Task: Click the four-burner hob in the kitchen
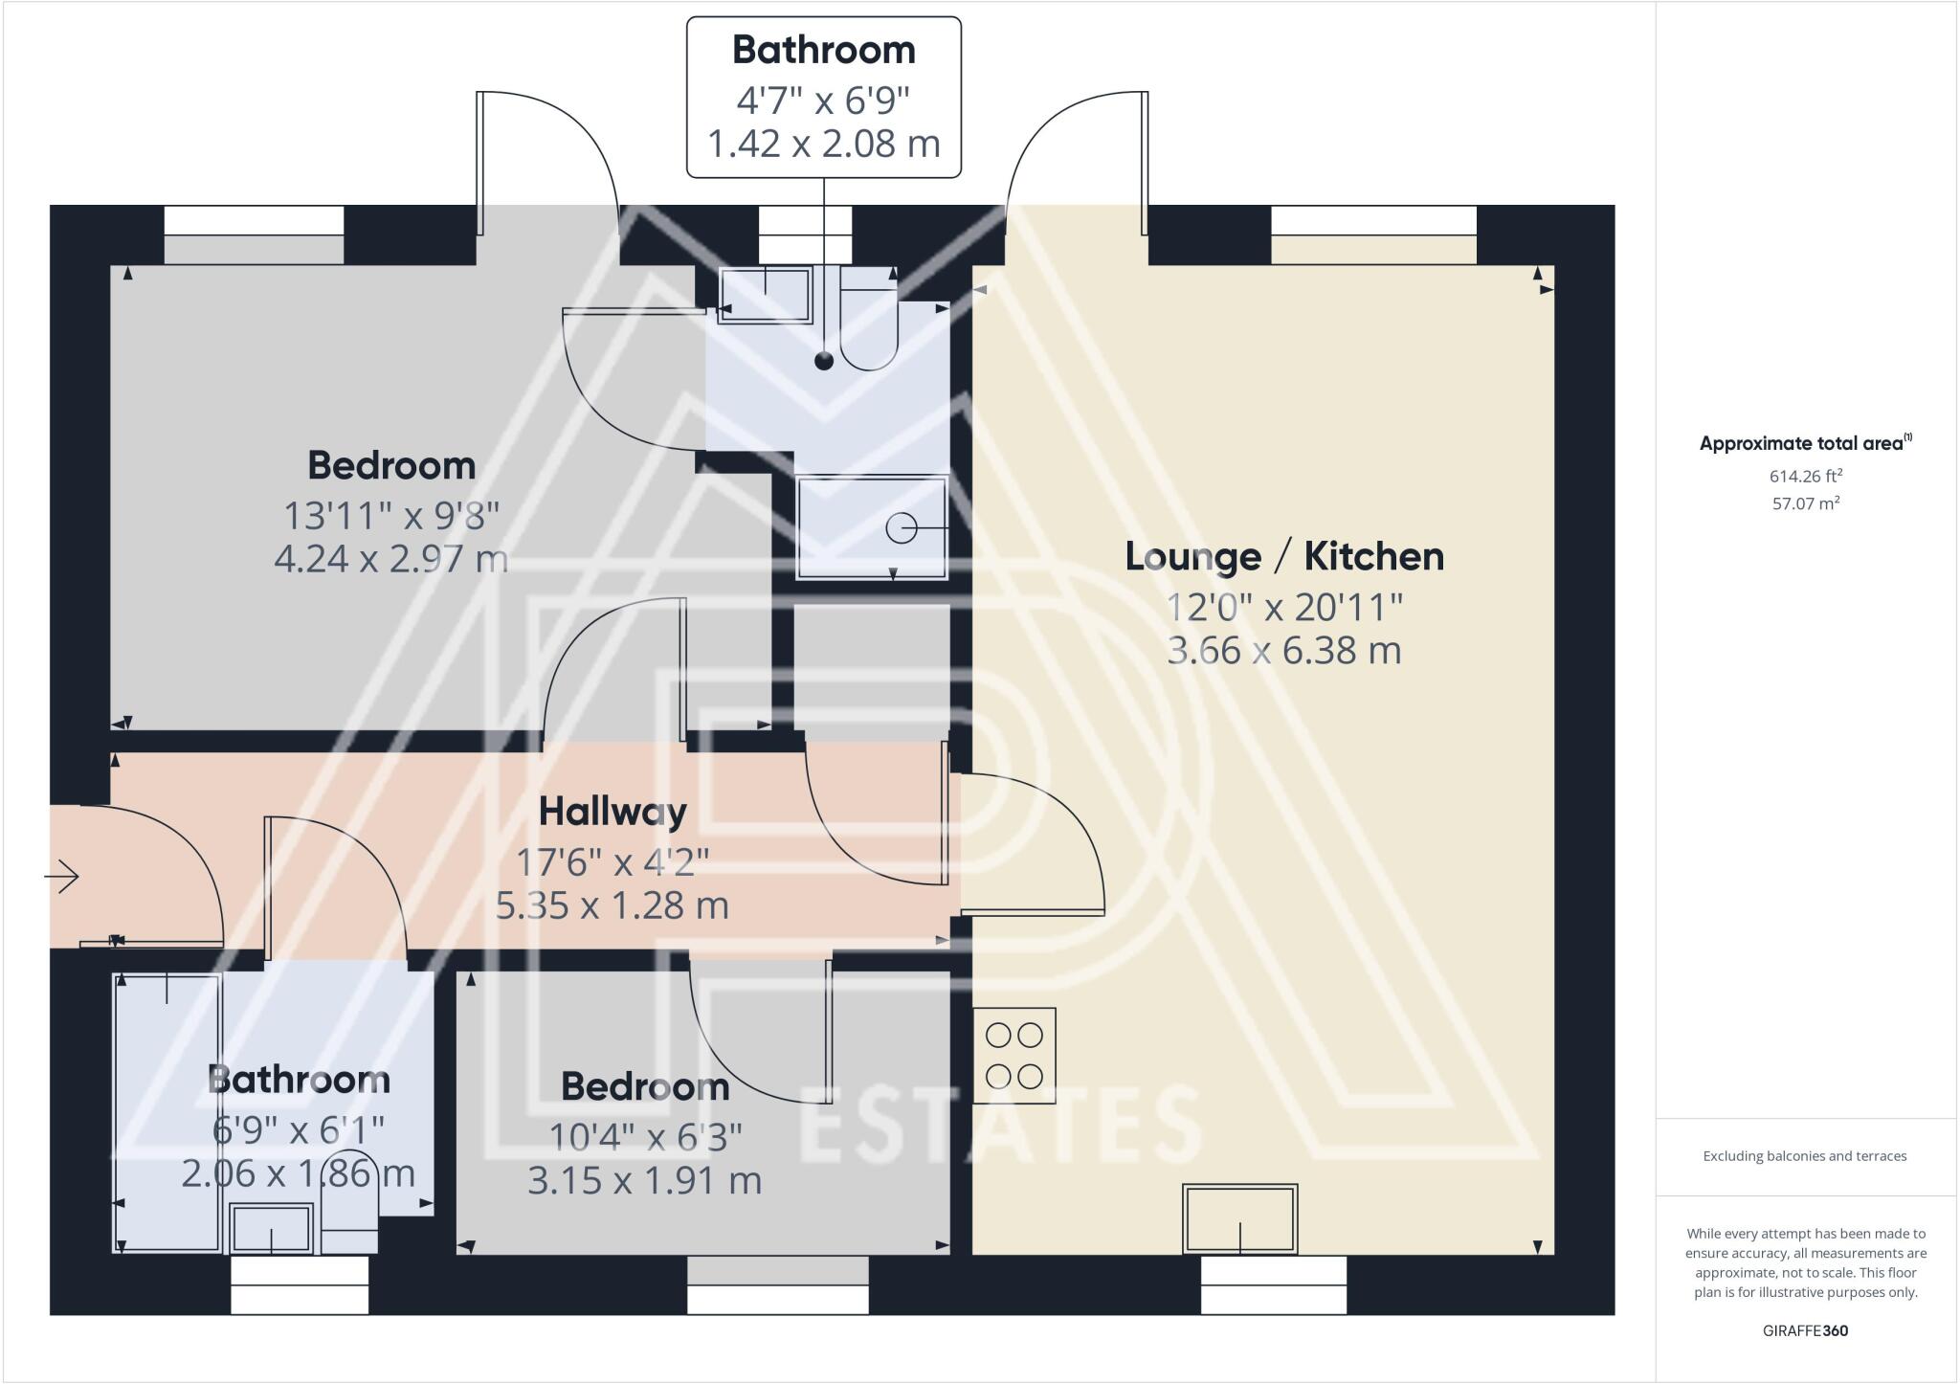click(x=1014, y=1056)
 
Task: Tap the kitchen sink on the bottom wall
click(x=1240, y=1219)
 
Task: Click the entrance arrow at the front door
click(x=62, y=876)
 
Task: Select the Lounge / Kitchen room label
click(x=1283, y=556)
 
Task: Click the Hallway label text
click(x=612, y=812)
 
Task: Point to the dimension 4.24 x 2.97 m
click(x=390, y=558)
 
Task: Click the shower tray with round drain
click(x=872, y=527)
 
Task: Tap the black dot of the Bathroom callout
click(x=823, y=361)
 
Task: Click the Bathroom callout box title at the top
click(x=823, y=50)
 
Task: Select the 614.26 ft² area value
click(x=1805, y=476)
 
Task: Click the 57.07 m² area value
click(x=1805, y=502)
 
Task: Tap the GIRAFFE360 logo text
click(x=1805, y=1330)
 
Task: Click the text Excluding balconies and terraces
click(x=1805, y=1156)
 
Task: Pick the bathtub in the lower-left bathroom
click(x=167, y=1112)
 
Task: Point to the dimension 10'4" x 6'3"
click(x=645, y=1137)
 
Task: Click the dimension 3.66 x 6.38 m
click(x=1283, y=651)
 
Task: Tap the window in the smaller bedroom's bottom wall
click(x=778, y=1284)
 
